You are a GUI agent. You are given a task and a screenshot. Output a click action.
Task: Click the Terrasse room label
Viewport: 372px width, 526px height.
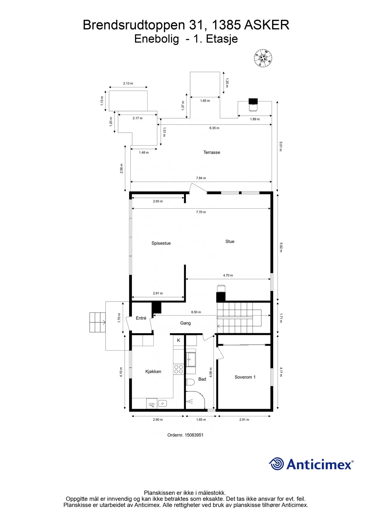(212, 152)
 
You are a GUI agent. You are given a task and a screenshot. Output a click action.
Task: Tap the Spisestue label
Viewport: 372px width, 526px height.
(161, 243)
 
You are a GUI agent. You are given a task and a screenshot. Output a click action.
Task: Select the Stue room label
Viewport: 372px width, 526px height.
(230, 241)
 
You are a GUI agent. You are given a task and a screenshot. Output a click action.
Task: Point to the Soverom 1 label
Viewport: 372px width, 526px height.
(245, 377)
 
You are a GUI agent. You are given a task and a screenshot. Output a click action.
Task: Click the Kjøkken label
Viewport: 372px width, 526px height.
(153, 371)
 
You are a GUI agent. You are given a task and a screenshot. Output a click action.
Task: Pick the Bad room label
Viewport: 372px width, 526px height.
(202, 379)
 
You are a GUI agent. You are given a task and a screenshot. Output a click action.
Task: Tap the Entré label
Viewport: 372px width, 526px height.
(141, 318)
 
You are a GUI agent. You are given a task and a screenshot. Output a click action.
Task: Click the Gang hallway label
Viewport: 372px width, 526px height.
(185, 323)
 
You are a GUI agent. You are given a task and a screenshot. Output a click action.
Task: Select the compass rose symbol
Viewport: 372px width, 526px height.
(263, 58)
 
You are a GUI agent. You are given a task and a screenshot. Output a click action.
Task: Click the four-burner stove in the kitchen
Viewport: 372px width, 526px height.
(179, 369)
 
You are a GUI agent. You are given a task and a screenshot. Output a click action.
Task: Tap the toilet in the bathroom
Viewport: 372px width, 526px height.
(190, 382)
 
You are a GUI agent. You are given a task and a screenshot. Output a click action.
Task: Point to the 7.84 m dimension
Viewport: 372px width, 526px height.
(201, 178)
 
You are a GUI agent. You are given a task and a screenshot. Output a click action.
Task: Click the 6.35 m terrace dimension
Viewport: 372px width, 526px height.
(214, 128)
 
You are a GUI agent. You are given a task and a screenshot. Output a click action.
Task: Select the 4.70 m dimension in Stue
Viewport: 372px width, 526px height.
(228, 275)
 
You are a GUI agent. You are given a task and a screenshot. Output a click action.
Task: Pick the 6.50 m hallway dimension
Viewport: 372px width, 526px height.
(196, 312)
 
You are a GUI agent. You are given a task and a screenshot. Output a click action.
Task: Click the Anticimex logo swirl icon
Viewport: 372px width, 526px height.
(276, 464)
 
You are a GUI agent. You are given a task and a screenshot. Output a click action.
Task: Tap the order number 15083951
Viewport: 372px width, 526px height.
(194, 435)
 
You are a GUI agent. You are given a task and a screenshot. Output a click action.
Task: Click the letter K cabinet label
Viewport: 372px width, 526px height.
(179, 340)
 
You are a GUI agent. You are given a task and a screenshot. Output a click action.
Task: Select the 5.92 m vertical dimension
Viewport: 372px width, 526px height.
(281, 247)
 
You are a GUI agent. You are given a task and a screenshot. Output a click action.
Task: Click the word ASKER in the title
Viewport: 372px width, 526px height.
(267, 25)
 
